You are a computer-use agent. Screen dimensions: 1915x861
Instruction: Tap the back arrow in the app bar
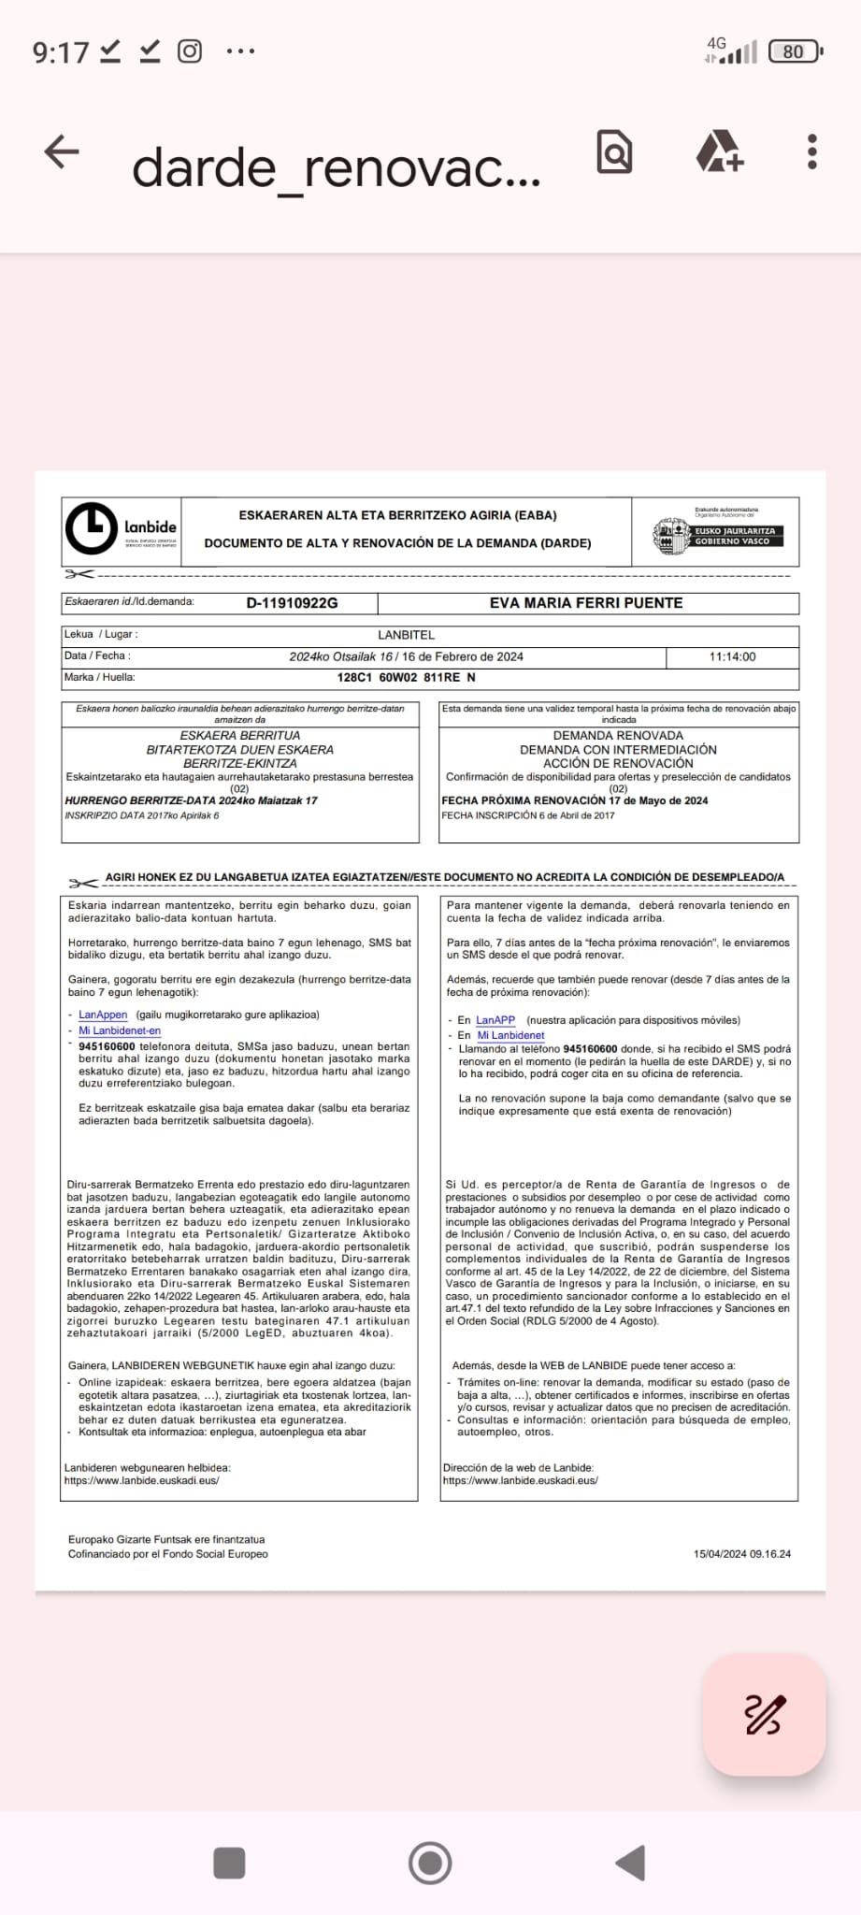[62, 151]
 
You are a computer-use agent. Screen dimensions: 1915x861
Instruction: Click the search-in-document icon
[614, 151]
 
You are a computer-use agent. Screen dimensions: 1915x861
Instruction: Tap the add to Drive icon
[719, 151]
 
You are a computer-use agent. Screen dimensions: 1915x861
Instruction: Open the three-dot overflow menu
[811, 151]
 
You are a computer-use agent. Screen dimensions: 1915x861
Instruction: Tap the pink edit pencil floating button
[764, 1714]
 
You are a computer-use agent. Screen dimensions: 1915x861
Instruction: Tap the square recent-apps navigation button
[229, 1863]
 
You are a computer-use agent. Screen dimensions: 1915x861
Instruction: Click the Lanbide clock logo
[92, 528]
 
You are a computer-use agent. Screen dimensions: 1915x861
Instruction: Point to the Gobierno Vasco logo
[717, 534]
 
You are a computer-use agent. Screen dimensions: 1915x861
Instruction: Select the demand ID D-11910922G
[292, 603]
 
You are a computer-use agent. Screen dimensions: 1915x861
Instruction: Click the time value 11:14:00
[732, 656]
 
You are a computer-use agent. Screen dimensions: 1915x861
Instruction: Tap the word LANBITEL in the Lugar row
[406, 635]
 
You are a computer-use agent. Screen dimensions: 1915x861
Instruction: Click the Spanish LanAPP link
[495, 1020]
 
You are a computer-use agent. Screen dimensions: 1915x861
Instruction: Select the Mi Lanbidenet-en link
[120, 1030]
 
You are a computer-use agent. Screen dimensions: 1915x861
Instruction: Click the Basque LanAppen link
[103, 1015]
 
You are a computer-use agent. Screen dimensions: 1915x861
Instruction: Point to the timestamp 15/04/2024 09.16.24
[741, 1554]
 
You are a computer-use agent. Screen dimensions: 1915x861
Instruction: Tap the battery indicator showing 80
[794, 51]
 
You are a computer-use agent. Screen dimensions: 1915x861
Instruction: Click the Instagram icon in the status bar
[190, 50]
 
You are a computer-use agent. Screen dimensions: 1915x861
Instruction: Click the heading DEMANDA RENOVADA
[618, 736]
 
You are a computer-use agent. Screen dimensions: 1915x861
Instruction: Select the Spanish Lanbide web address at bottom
[520, 1480]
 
